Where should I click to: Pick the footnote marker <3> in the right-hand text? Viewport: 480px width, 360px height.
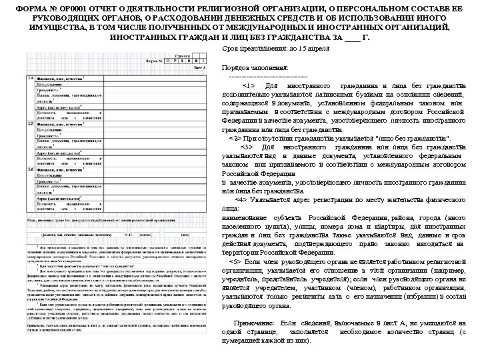click(248, 147)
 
